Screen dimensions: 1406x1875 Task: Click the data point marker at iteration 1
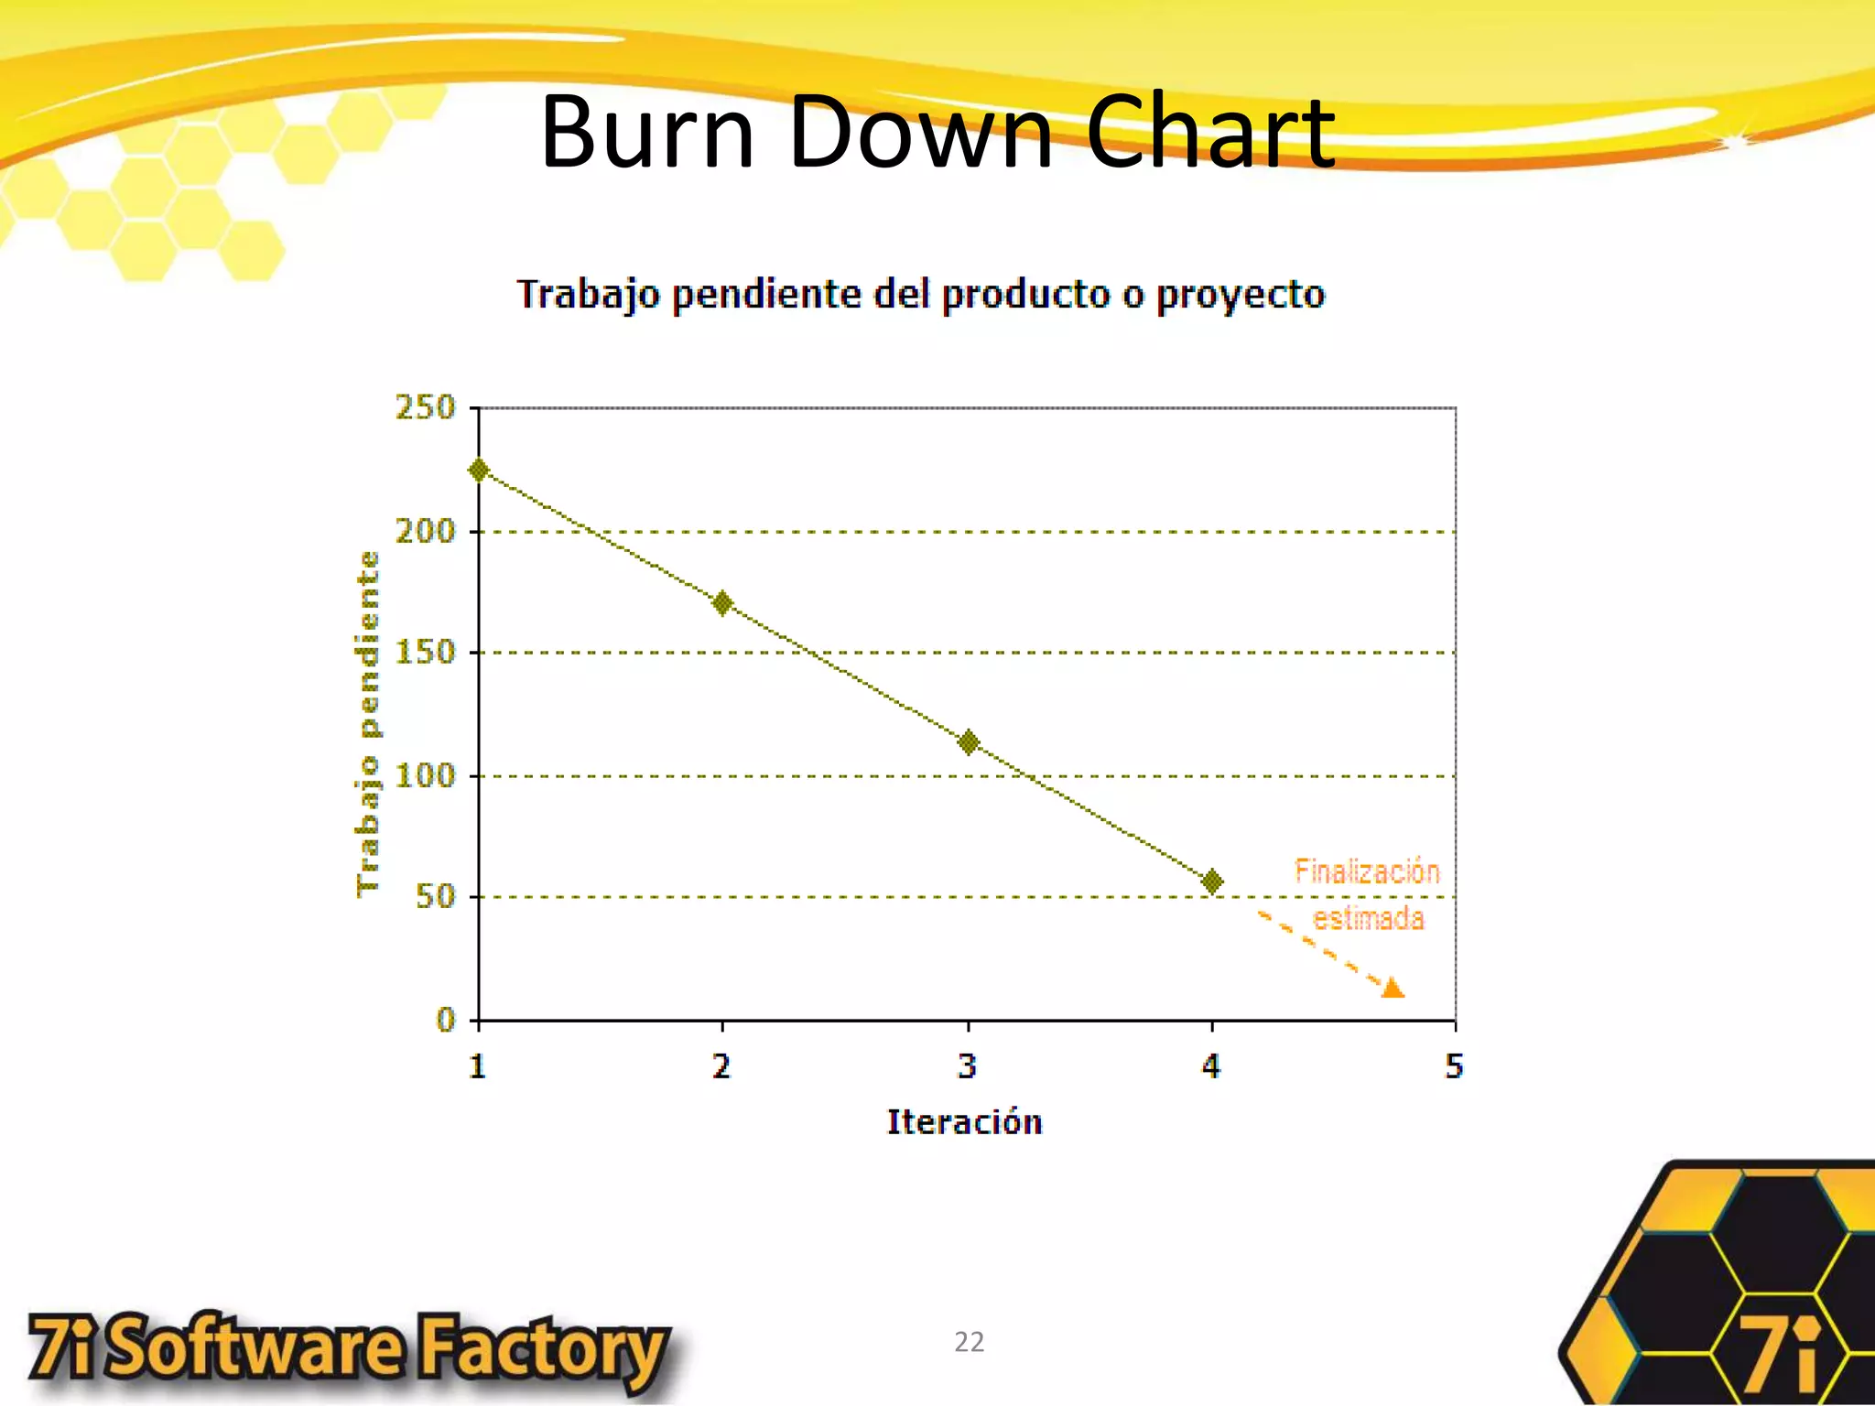[x=478, y=470]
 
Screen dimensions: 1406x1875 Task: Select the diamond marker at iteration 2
[x=722, y=603]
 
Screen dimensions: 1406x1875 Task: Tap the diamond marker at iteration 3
[x=969, y=742]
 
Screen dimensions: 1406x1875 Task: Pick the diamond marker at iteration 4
[x=1212, y=881]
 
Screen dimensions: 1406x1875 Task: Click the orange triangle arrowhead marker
[x=1393, y=988]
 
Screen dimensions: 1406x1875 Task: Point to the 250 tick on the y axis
[x=425, y=407]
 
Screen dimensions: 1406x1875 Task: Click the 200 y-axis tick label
[x=425, y=531]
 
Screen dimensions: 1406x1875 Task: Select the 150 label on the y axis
[x=425, y=653]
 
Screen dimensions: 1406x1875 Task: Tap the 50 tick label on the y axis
[x=435, y=896]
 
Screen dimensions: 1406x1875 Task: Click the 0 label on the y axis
[x=446, y=1020]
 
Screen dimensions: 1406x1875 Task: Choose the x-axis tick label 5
[x=1454, y=1066]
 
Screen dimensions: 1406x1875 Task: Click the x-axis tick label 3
[x=968, y=1066]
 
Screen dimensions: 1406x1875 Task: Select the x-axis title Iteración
[x=964, y=1122]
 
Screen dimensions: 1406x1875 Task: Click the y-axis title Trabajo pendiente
[x=367, y=723]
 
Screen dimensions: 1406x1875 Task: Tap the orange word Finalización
[x=1367, y=871]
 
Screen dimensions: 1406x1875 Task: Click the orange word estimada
[x=1369, y=918]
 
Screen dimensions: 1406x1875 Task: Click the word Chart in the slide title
[x=1210, y=133]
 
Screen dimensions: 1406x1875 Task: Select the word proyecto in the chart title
[x=1240, y=296]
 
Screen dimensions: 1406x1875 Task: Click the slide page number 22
[x=969, y=1342]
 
